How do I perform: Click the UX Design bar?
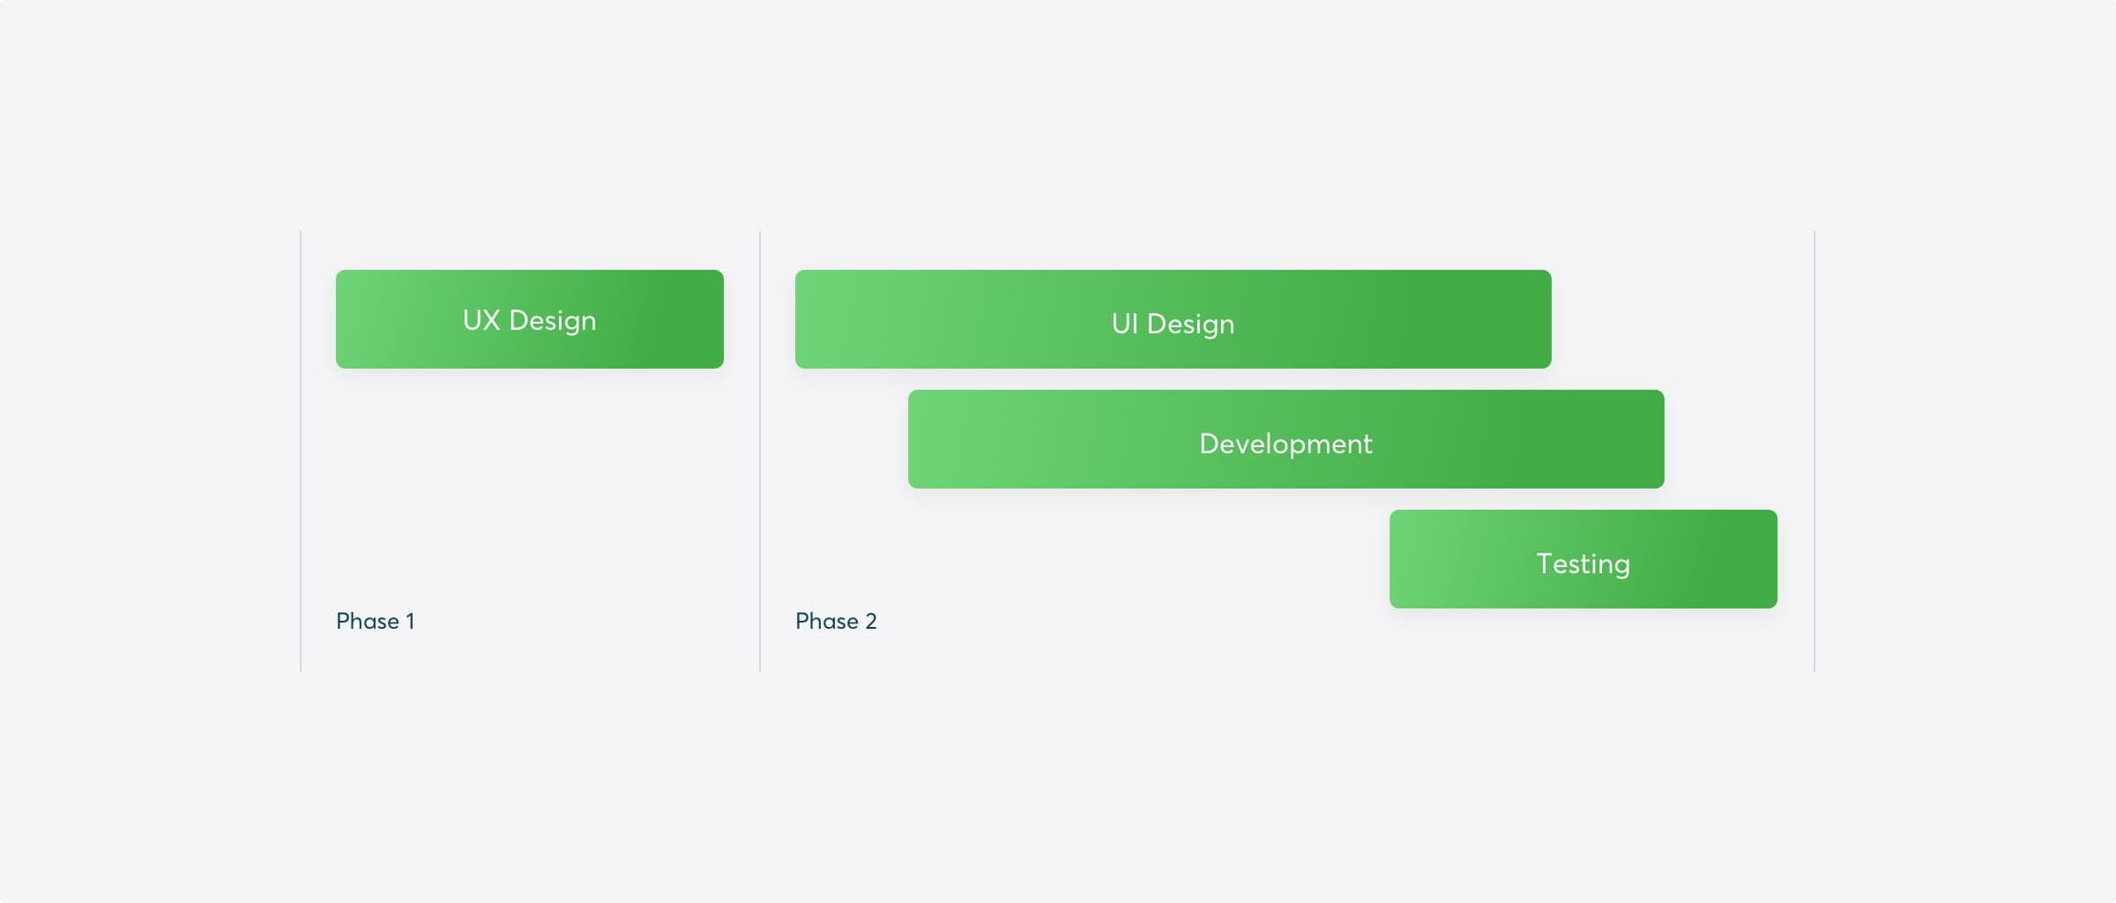pyautogui.click(x=530, y=319)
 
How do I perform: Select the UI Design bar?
pyautogui.click(x=1173, y=319)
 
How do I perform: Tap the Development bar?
pyautogui.click(x=1286, y=439)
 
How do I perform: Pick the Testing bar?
pyautogui.click(x=1583, y=559)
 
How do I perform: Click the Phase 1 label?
pyautogui.click(x=376, y=621)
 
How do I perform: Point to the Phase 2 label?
pyautogui.click(x=836, y=621)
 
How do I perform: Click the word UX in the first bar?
pyautogui.click(x=481, y=320)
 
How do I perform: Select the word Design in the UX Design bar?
pyautogui.click(x=553, y=322)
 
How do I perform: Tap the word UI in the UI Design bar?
pyautogui.click(x=1124, y=324)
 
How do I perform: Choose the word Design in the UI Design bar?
pyautogui.click(x=1191, y=325)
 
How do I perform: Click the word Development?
pyautogui.click(x=1286, y=444)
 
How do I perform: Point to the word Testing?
pyautogui.click(x=1583, y=564)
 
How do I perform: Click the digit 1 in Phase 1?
pyautogui.click(x=410, y=621)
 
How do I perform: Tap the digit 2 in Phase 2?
pyautogui.click(x=871, y=621)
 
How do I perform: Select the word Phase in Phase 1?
pyautogui.click(x=368, y=621)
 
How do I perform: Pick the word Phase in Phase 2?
pyautogui.click(x=827, y=621)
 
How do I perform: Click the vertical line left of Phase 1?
pyautogui.click(x=301, y=451)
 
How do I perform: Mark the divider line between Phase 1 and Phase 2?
pyautogui.click(x=760, y=451)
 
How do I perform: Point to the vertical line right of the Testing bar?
pyautogui.click(x=1814, y=451)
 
